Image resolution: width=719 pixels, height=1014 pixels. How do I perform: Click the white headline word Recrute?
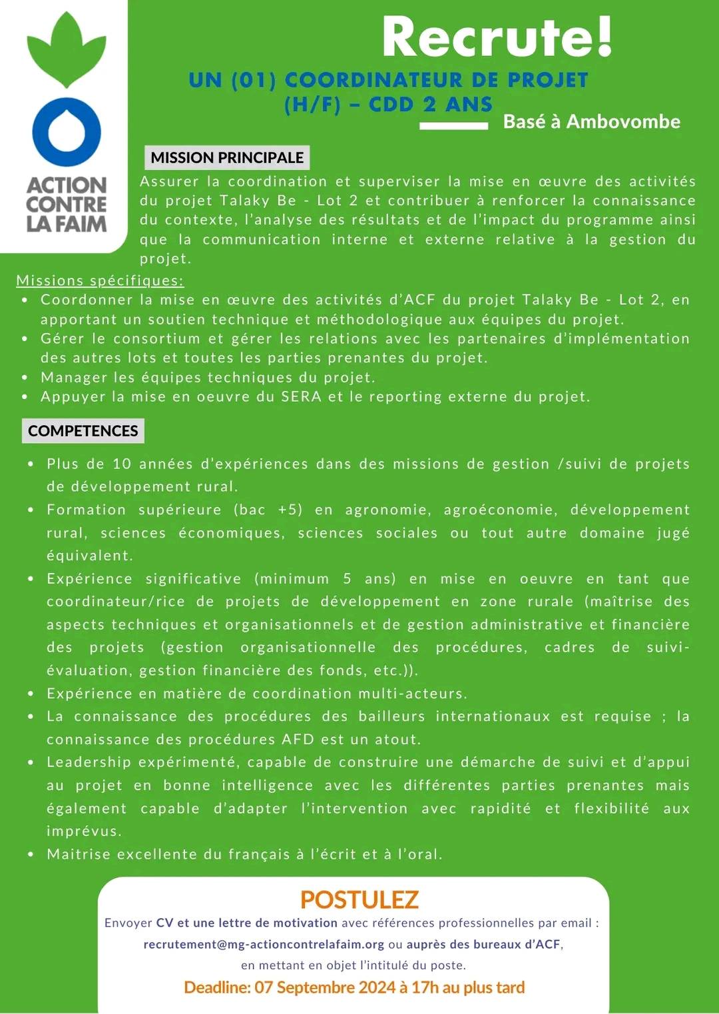pos(497,37)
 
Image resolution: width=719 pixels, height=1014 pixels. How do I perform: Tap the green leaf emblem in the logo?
pos(67,50)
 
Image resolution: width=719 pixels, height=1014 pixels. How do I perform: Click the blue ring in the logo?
pos(67,131)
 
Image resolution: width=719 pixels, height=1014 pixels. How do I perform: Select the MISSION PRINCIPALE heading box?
pos(227,158)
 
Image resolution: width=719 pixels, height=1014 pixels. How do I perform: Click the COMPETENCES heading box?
pos(83,431)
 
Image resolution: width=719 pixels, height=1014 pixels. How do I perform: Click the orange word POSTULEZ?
pos(359,899)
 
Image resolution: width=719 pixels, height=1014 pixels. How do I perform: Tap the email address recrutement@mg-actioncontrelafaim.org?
pos(264,944)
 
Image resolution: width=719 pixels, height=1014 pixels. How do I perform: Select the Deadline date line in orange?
pos(354,987)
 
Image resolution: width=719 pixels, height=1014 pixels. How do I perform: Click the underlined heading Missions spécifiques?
pos(100,280)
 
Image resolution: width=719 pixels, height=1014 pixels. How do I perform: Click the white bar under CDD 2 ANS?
pos(453,125)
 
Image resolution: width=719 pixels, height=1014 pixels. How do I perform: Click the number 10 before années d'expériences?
pos(122,464)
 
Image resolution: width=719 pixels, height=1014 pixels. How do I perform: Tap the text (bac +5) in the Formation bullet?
pos(268,510)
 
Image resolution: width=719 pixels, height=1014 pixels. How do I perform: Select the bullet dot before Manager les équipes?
pos(25,378)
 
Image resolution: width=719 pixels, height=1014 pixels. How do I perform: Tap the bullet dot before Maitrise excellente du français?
pos(31,854)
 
